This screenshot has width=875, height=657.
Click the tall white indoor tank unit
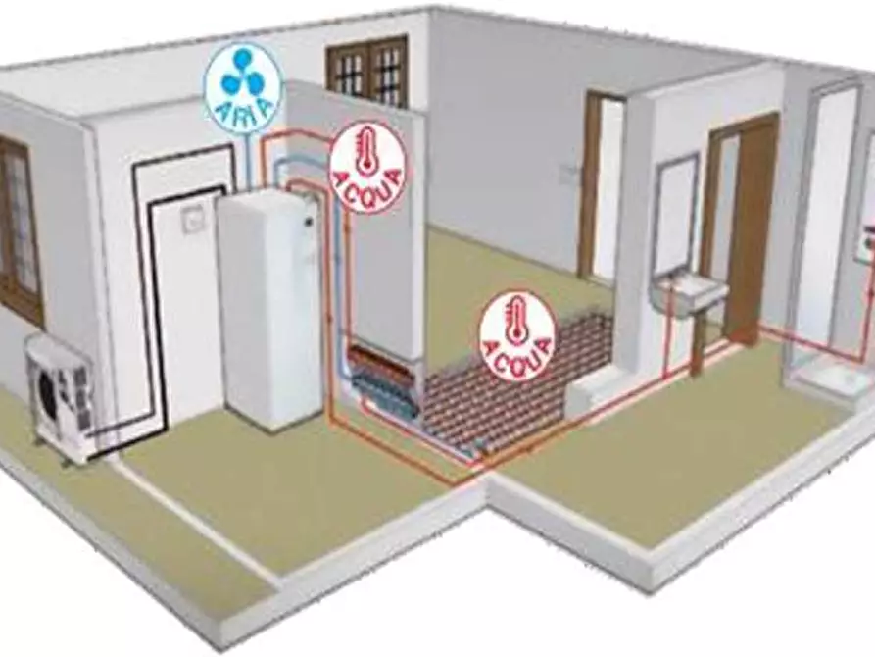pyautogui.click(x=269, y=309)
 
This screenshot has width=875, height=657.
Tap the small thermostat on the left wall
pyautogui.click(x=192, y=220)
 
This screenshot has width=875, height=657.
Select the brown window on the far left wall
pyautogui.click(x=19, y=230)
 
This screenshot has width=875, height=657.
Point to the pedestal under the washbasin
pyautogui.click(x=696, y=343)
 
